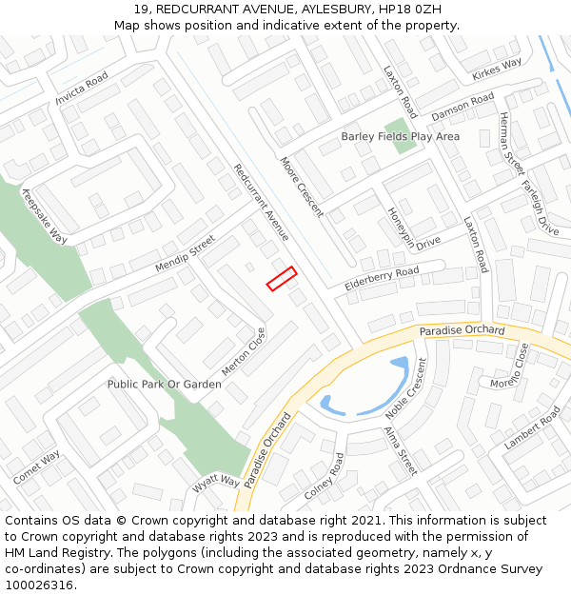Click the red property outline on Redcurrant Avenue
(282, 279)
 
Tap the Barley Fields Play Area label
(400, 137)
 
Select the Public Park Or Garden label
(164, 385)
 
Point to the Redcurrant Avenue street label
(261, 202)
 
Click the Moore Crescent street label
(302, 187)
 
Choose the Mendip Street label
(186, 254)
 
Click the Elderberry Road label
(382, 278)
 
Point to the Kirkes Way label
(497, 69)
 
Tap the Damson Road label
(463, 106)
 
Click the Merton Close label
(244, 351)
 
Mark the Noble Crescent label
(406, 388)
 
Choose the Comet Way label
(36, 466)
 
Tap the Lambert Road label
(533, 428)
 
